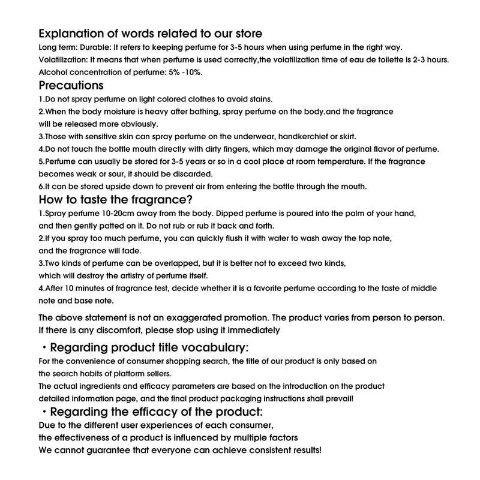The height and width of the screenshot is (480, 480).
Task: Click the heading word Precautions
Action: pos(71,85)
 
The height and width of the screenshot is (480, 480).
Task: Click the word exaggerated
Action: pos(220,317)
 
